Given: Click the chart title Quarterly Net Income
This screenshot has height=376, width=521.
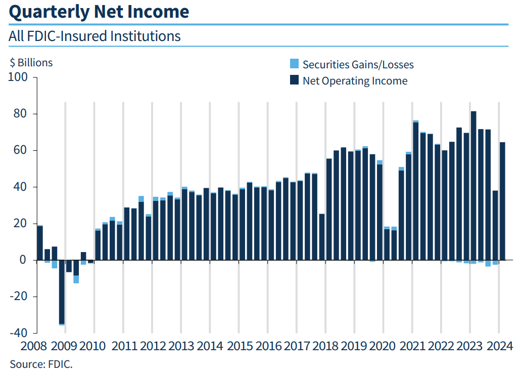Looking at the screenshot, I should (x=99, y=12).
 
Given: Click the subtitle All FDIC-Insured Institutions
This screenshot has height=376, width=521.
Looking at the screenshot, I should (x=94, y=36).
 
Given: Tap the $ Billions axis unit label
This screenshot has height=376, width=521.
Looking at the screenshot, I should (x=31, y=63).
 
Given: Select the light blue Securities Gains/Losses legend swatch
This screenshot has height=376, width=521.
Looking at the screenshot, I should (x=294, y=64).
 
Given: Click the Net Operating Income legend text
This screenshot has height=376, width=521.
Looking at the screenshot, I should (x=355, y=81).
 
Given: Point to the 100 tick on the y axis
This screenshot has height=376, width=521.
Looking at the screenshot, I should (x=19, y=77).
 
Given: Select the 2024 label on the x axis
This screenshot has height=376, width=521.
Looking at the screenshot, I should (x=500, y=347).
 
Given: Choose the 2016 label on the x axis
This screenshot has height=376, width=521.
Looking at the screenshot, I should (x=268, y=347).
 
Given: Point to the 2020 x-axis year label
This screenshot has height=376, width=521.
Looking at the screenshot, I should (x=384, y=347).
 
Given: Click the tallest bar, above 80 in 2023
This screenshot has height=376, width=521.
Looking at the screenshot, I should (x=473, y=185).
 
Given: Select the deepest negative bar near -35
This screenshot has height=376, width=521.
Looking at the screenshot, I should (x=62, y=291).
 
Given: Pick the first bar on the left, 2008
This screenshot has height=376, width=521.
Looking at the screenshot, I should (x=40, y=243).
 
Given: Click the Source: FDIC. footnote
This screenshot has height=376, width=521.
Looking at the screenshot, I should (x=41, y=364).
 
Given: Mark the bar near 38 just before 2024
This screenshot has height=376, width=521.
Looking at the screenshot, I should (x=495, y=225).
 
